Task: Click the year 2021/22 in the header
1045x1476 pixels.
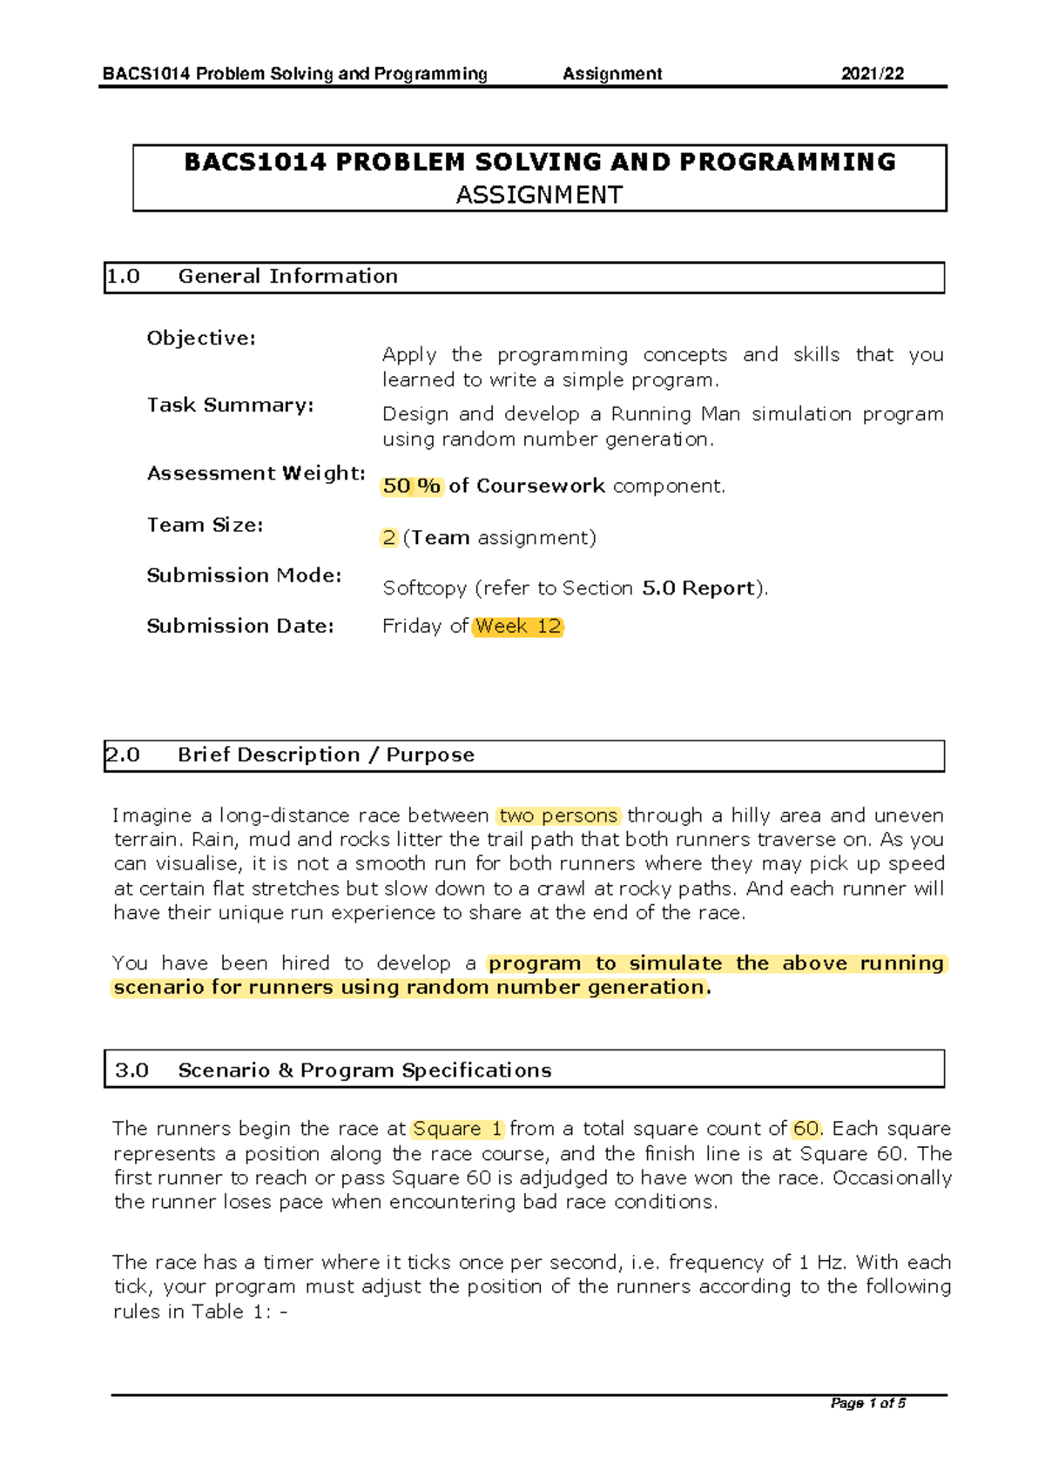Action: click(872, 74)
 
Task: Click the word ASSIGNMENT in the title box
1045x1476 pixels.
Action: click(539, 195)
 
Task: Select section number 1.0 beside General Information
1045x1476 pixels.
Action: click(124, 277)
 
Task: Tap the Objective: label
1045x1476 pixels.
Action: click(201, 339)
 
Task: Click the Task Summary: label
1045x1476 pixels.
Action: click(230, 406)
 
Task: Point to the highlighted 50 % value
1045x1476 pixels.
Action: click(412, 486)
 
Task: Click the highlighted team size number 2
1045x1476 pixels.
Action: click(388, 538)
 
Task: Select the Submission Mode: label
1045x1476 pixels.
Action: click(244, 576)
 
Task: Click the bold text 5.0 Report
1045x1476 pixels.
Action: click(698, 588)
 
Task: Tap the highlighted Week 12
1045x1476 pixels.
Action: click(518, 627)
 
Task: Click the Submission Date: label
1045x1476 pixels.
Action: click(240, 627)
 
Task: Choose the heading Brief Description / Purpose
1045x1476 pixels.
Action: click(326, 755)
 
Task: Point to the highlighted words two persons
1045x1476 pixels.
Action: click(558, 816)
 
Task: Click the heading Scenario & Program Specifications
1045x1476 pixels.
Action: click(364, 1070)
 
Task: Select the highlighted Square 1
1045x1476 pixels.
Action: click(457, 1130)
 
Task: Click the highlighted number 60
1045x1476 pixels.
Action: click(806, 1130)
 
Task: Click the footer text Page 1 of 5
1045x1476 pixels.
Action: click(867, 1403)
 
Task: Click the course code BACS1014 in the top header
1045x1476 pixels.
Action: click(145, 74)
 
